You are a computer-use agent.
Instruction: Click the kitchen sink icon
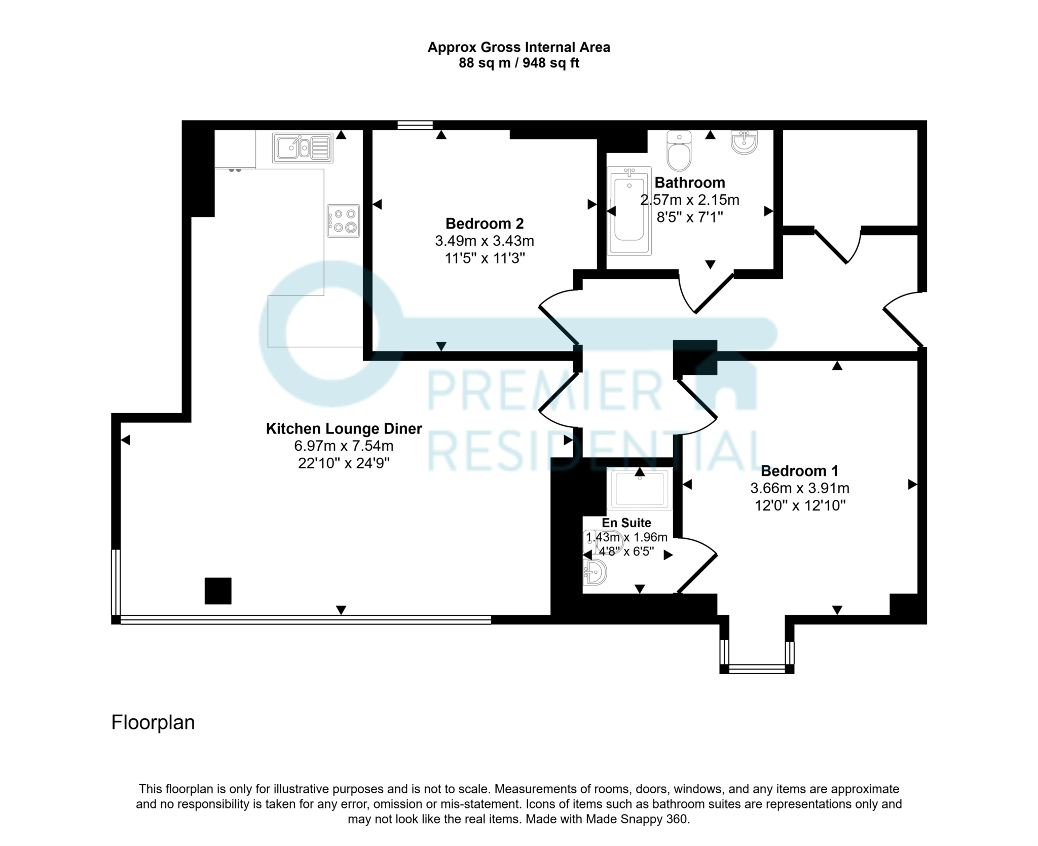[x=303, y=148]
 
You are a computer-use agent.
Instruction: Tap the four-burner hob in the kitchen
[x=343, y=220]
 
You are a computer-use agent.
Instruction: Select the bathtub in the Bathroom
[x=629, y=211]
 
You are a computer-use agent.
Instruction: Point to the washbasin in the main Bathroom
[x=744, y=141]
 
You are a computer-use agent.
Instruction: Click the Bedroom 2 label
[x=484, y=223]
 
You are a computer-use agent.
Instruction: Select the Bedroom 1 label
[x=799, y=471]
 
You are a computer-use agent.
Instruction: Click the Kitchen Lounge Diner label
[x=344, y=429]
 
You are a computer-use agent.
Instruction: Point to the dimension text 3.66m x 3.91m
[x=799, y=488]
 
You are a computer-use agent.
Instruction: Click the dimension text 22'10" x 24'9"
[x=344, y=463]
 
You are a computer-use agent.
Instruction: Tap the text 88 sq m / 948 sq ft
[x=518, y=63]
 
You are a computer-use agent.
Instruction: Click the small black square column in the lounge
[x=218, y=591]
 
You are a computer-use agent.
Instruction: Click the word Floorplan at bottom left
[x=153, y=722]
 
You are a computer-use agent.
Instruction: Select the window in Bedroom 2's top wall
[x=415, y=125]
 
